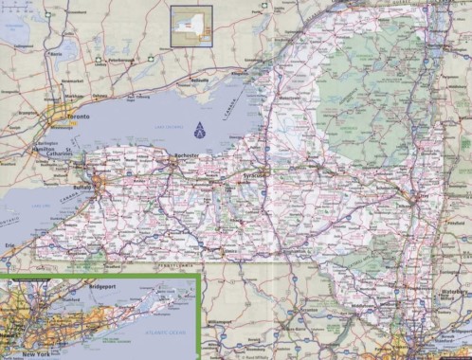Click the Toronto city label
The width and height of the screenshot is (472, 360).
click(80, 116)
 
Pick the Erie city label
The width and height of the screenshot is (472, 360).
click(9, 244)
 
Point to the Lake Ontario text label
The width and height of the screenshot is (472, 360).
click(171, 126)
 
